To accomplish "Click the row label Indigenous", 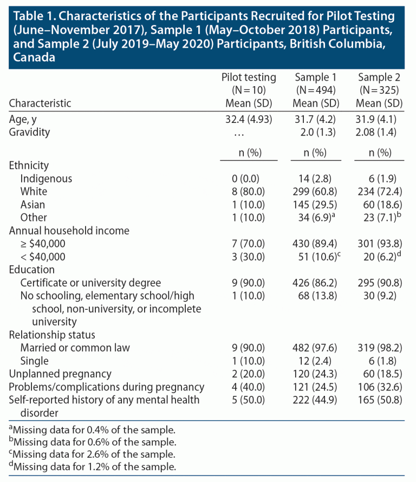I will [46, 178].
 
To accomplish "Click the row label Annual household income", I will [69, 230].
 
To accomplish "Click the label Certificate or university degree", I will [91, 282].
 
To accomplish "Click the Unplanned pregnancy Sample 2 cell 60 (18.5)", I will [379, 374].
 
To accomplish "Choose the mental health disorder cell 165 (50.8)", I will [379, 400].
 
